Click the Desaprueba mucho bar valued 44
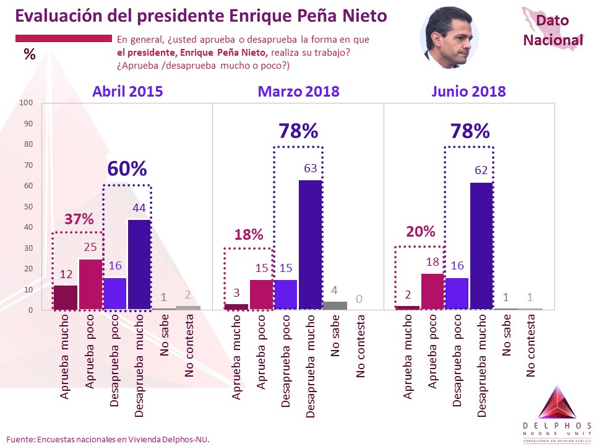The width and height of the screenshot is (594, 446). point(139,265)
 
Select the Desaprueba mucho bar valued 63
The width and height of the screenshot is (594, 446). point(310,245)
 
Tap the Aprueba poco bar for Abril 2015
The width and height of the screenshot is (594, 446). point(90,284)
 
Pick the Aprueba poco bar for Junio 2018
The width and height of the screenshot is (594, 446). point(433,292)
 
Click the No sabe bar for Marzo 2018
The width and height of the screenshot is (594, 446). point(335,305)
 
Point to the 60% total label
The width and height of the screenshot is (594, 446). point(127,168)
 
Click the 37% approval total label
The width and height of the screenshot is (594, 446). point(79,219)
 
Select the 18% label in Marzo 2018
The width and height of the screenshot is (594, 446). point(249,234)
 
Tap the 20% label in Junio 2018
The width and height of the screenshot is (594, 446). point(421,231)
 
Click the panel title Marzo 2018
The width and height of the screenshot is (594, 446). point(298,92)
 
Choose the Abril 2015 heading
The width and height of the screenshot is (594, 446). point(127,92)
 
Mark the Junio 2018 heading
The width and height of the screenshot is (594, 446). point(468,92)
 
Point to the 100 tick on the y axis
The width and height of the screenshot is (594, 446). point(26,102)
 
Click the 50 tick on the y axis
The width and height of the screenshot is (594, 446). point(28,206)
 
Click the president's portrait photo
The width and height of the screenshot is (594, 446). point(449,38)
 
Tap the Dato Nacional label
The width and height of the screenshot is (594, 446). point(553,30)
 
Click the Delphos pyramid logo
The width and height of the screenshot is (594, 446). point(556,403)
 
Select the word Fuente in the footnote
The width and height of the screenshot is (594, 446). point(20,440)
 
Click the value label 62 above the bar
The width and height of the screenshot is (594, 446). point(481,170)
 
